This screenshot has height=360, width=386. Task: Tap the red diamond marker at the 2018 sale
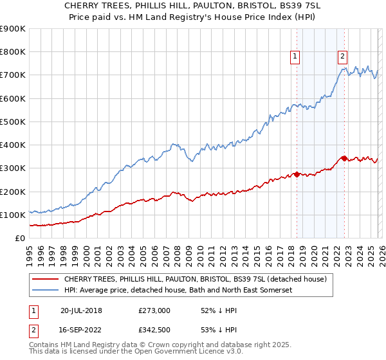(x=297, y=174)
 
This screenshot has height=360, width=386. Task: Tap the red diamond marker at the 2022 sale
(x=344, y=157)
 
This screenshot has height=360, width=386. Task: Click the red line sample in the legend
(x=45, y=279)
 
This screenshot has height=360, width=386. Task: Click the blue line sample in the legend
(x=45, y=291)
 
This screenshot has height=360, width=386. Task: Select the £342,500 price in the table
(x=154, y=330)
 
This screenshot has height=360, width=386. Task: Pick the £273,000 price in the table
(x=154, y=310)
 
